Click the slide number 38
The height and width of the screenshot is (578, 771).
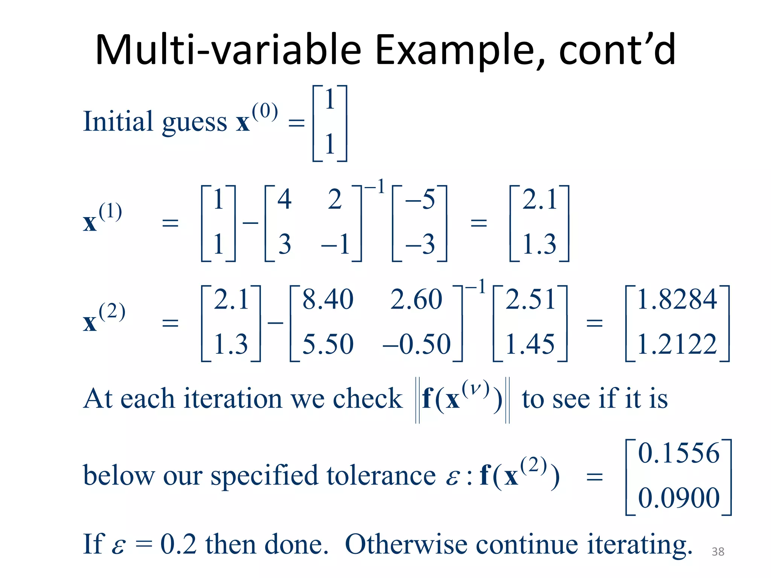tap(718, 552)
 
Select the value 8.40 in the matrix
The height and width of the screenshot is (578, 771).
tap(328, 300)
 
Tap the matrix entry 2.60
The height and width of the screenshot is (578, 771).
tap(416, 300)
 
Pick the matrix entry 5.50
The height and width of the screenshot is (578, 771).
tap(328, 344)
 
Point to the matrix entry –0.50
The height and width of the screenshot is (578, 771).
tap(416, 344)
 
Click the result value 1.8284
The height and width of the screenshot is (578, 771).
tap(677, 300)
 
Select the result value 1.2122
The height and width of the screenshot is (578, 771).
tap(677, 344)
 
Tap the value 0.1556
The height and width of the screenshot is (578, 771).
tap(678, 453)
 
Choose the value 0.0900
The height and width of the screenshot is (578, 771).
tap(678, 498)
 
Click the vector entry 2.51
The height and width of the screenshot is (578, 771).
tap(530, 300)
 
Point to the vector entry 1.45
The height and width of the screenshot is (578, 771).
tap(530, 344)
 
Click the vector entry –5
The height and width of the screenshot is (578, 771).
tap(420, 199)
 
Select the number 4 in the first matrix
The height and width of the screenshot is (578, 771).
tap(285, 199)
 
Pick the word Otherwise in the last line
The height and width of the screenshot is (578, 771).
tap(406, 545)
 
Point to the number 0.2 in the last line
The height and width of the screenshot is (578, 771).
tap(178, 545)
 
